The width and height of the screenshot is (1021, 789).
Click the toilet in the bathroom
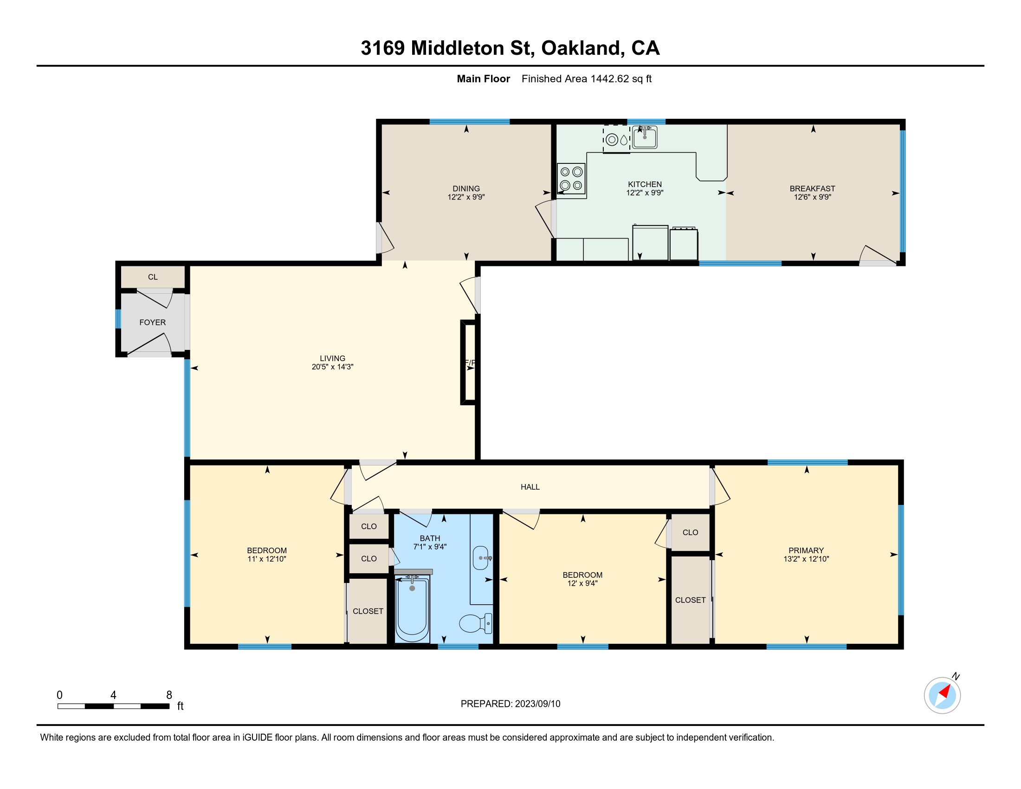[475, 623]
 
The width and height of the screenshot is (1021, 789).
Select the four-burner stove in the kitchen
[571, 179]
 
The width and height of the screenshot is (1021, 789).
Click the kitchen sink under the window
[645, 137]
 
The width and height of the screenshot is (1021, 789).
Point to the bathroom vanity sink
[482, 557]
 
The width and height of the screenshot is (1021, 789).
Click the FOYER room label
[152, 323]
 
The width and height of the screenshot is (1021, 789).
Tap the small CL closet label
[153, 277]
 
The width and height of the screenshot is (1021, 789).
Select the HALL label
[530, 487]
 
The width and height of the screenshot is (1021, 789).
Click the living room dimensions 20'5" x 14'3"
[332, 367]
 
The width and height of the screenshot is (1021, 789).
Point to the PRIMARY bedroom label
[806, 550]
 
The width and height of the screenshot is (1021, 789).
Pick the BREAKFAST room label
[813, 189]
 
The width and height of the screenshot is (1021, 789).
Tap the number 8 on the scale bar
[169, 695]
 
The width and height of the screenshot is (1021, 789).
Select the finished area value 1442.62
[610, 79]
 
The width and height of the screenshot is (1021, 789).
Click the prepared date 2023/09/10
[537, 704]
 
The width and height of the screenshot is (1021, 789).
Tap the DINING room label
[466, 189]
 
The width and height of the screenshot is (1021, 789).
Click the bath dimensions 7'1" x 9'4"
[430, 547]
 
